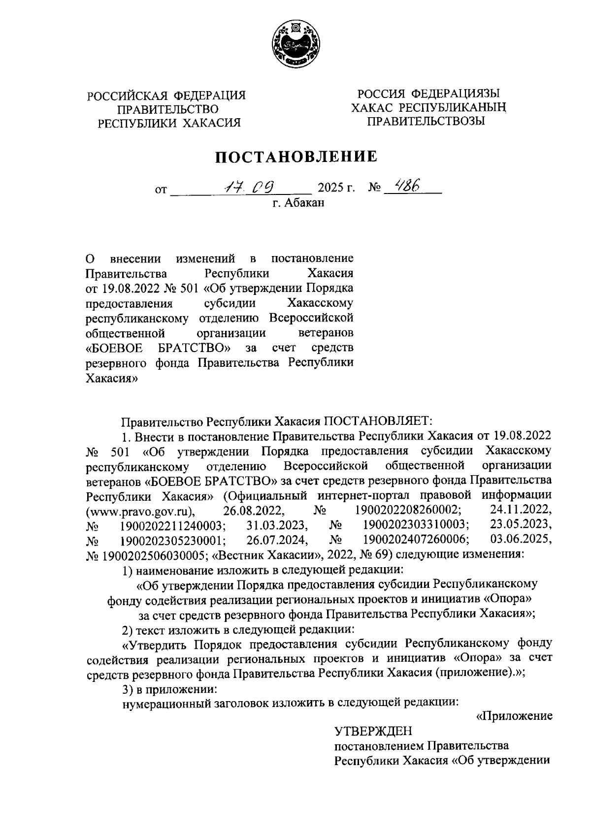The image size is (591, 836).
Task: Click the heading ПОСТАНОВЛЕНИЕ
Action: point(295,157)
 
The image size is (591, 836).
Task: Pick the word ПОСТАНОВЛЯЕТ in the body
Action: point(377,421)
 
